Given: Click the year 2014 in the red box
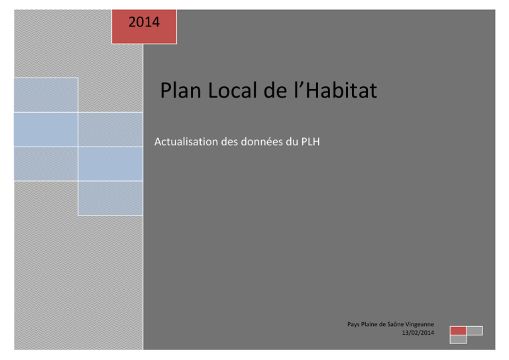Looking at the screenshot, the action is pos(144,22).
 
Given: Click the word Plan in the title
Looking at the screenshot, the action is pos(180,91).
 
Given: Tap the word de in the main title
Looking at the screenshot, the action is pos(275,90).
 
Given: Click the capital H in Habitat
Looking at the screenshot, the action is pos(312,91).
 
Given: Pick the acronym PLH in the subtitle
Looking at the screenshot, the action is pos(311,142).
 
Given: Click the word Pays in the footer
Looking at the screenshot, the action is pos(353,324).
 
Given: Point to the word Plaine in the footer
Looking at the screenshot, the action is pos(369,324).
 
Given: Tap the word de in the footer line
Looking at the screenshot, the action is pos(382,324).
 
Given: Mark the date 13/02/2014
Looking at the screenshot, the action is pos(418,332).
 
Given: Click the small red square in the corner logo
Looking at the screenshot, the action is pos(458,331).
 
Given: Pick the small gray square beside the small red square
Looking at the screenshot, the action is pos(475,331).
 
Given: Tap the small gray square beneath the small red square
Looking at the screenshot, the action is pos(458,339).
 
